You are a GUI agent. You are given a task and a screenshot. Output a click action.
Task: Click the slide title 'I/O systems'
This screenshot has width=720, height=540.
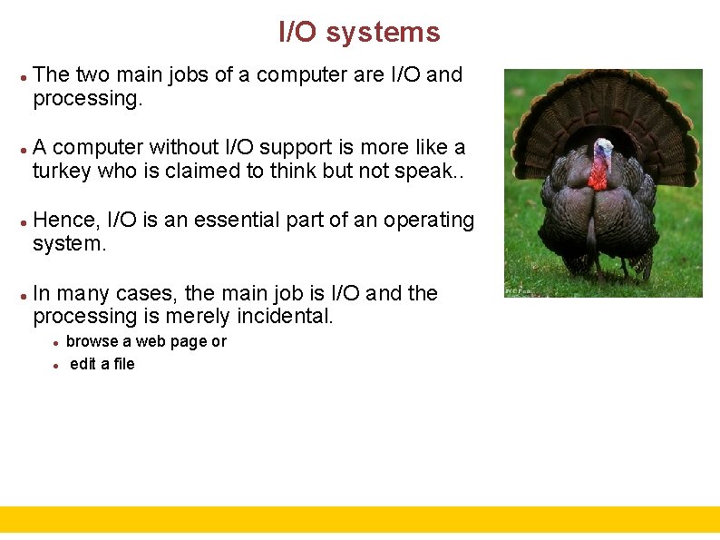coord(359,33)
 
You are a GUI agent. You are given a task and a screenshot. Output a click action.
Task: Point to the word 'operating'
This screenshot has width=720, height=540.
coord(429,221)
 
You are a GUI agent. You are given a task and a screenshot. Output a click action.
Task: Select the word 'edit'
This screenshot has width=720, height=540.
coord(83,364)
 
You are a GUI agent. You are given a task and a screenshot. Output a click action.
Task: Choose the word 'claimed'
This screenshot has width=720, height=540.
coord(203,172)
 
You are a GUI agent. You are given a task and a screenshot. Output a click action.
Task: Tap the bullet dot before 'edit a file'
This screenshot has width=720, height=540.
coord(56,365)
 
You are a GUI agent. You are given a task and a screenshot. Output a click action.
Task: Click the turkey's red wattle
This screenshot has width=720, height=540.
coord(598,173)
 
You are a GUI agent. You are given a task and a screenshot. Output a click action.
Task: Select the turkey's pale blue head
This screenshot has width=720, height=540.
coord(602,147)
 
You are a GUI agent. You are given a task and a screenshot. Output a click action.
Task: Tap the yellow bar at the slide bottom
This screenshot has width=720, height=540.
coord(360,519)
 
